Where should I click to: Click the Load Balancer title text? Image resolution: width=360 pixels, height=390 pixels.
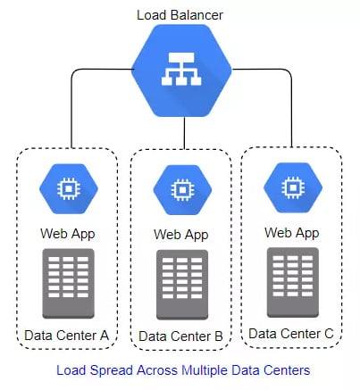click(x=180, y=15)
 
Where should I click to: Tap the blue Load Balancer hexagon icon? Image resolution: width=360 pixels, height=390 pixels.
click(x=181, y=71)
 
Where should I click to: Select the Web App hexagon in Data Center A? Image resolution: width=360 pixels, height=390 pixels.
click(x=69, y=188)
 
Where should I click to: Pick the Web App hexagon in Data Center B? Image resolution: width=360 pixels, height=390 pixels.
click(x=182, y=190)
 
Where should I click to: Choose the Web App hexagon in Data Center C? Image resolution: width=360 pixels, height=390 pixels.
click(x=293, y=187)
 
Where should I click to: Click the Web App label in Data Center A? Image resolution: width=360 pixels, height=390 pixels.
click(x=68, y=234)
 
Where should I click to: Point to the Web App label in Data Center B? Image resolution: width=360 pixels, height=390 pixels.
click(x=181, y=235)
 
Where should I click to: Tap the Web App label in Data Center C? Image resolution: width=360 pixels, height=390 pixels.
click(x=292, y=233)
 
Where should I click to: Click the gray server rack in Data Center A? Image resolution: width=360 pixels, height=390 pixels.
click(x=69, y=284)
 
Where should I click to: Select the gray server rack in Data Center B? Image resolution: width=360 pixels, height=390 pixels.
click(x=182, y=285)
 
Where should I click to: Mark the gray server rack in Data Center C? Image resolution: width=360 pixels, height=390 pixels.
click(x=293, y=282)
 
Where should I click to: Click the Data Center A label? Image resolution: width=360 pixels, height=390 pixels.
click(x=66, y=336)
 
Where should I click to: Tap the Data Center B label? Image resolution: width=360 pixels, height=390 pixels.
click(x=180, y=336)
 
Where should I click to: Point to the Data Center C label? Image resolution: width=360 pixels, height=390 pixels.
click(x=291, y=334)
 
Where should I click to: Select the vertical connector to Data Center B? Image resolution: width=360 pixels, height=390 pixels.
click(x=185, y=133)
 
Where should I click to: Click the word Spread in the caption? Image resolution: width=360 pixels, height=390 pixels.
click(x=111, y=370)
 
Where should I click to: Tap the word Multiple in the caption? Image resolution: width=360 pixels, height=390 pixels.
click(x=205, y=370)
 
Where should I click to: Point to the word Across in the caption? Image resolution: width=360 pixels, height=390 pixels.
click(x=156, y=370)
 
